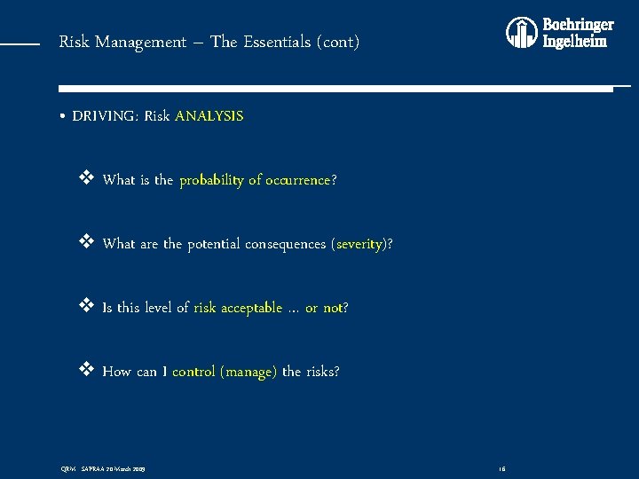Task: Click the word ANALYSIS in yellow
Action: [209, 116]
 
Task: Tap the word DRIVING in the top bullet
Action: [105, 116]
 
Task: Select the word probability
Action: [211, 180]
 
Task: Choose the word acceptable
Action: [250, 308]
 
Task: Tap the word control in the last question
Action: [193, 372]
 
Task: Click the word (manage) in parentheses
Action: [248, 372]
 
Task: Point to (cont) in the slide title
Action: [342, 42]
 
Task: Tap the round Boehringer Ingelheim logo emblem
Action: [522, 33]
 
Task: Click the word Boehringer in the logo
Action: [578, 25]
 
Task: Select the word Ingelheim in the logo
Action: [575, 42]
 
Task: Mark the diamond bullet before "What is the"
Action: [87, 179]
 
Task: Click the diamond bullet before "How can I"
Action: [87, 371]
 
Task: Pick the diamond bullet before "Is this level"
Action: [87, 307]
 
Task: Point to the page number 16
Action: [501, 467]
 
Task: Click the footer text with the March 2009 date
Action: [103, 467]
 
